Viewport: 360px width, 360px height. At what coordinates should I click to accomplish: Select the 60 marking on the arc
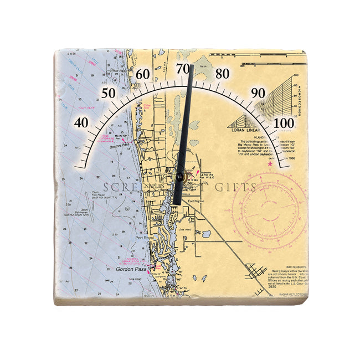[x=143, y=74]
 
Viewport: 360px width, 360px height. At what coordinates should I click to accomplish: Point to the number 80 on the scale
[x=222, y=74]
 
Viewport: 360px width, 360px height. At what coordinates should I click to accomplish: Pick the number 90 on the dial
[x=258, y=92]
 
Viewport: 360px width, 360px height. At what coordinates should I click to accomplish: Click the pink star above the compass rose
[x=270, y=164]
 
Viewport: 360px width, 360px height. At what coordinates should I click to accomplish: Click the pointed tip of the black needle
[x=192, y=66]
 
